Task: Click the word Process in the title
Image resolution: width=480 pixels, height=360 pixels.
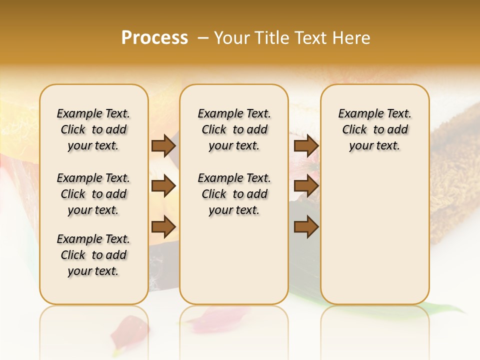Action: click(x=154, y=38)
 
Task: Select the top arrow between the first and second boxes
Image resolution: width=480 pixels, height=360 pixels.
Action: click(x=163, y=146)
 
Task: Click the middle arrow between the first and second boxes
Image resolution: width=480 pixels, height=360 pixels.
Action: click(x=163, y=186)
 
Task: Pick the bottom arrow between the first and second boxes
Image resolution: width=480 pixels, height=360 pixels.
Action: click(x=163, y=227)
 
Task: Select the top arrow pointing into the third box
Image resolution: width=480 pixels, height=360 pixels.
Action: click(x=306, y=146)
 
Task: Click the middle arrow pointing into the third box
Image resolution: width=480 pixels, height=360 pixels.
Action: click(x=306, y=186)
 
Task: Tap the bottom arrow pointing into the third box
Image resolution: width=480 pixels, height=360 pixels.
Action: click(x=306, y=227)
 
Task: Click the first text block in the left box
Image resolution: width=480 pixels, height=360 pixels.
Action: click(x=93, y=129)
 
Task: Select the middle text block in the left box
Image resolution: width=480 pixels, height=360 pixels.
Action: click(x=93, y=194)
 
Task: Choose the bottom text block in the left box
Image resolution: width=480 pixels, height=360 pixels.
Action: click(x=93, y=255)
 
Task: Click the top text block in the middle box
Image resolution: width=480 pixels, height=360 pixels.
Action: click(x=234, y=129)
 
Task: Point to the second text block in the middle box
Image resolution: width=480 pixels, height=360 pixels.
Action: click(x=234, y=194)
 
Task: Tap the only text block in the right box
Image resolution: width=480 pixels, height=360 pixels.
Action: click(x=375, y=129)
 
